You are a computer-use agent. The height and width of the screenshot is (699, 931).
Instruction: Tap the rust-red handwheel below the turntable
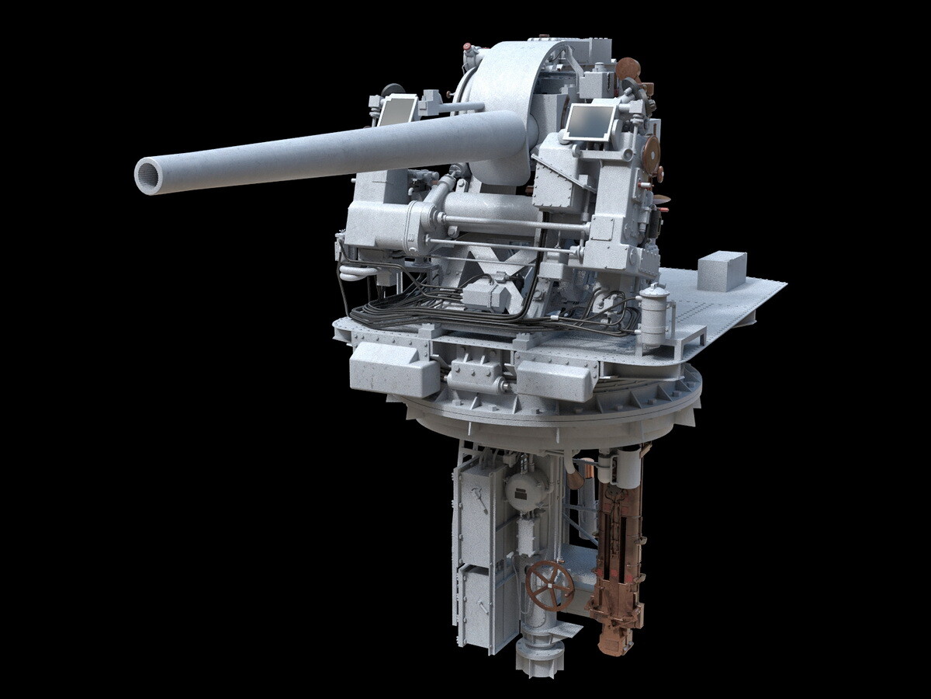pos(549,586)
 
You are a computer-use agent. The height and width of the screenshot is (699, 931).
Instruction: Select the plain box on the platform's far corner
pos(722,270)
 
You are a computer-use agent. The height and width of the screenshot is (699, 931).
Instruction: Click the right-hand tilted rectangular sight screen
pos(590,123)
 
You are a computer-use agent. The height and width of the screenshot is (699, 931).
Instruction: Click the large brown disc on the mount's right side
pos(650,151)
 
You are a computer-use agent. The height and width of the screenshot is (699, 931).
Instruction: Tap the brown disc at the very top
pos(628,68)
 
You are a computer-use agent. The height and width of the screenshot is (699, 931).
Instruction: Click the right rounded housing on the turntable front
pos(555,381)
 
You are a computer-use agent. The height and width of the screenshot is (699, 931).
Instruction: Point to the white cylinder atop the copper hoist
pos(626,468)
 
